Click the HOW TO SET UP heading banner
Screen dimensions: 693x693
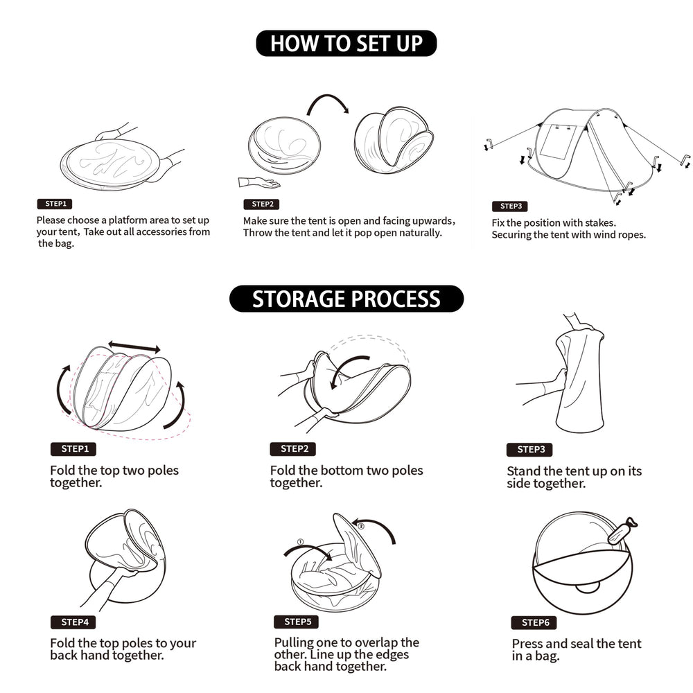pos(346,43)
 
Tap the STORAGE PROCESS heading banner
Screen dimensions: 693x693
pos(346,299)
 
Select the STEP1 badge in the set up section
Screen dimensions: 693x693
pos(55,204)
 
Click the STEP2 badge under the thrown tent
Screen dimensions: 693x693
pos(262,204)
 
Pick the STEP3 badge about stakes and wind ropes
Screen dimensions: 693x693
pos(510,207)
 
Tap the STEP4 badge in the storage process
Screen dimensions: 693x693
pos(74,622)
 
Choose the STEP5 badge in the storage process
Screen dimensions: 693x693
pos(297,622)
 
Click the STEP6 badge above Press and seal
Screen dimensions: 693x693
pos(534,623)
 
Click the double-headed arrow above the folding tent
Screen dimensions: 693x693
pos(134,347)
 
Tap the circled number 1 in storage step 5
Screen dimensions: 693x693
pos(301,542)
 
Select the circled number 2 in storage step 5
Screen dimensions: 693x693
pos(360,527)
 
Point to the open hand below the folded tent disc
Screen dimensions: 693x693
pos(259,182)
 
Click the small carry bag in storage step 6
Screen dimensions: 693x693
pos(622,530)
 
